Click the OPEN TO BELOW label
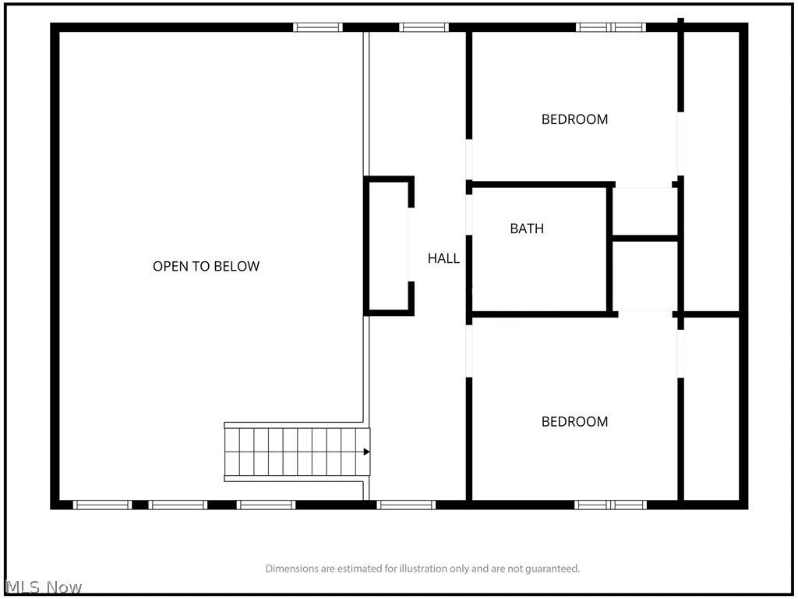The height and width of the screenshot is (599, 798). (x=206, y=267)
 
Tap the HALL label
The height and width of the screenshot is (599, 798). (x=443, y=259)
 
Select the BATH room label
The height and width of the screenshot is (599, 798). (x=527, y=229)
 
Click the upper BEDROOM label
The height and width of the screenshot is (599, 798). (x=574, y=119)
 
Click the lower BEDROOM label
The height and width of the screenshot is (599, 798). (x=574, y=422)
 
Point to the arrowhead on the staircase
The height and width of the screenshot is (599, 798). (x=366, y=452)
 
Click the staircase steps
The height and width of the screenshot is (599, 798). (x=297, y=452)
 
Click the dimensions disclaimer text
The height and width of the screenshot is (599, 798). (x=422, y=569)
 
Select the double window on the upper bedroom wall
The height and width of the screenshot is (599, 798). (x=611, y=27)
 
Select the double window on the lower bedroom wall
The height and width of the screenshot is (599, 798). (x=611, y=505)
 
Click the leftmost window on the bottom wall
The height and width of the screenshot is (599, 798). (x=102, y=505)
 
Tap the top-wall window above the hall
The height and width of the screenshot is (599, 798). (x=424, y=27)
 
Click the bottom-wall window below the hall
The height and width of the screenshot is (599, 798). (x=406, y=505)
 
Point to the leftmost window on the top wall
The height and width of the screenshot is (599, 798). (x=318, y=27)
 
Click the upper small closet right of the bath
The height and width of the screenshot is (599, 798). (x=644, y=211)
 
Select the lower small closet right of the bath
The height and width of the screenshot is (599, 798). (x=644, y=275)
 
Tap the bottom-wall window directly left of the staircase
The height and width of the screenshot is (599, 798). (x=266, y=505)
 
